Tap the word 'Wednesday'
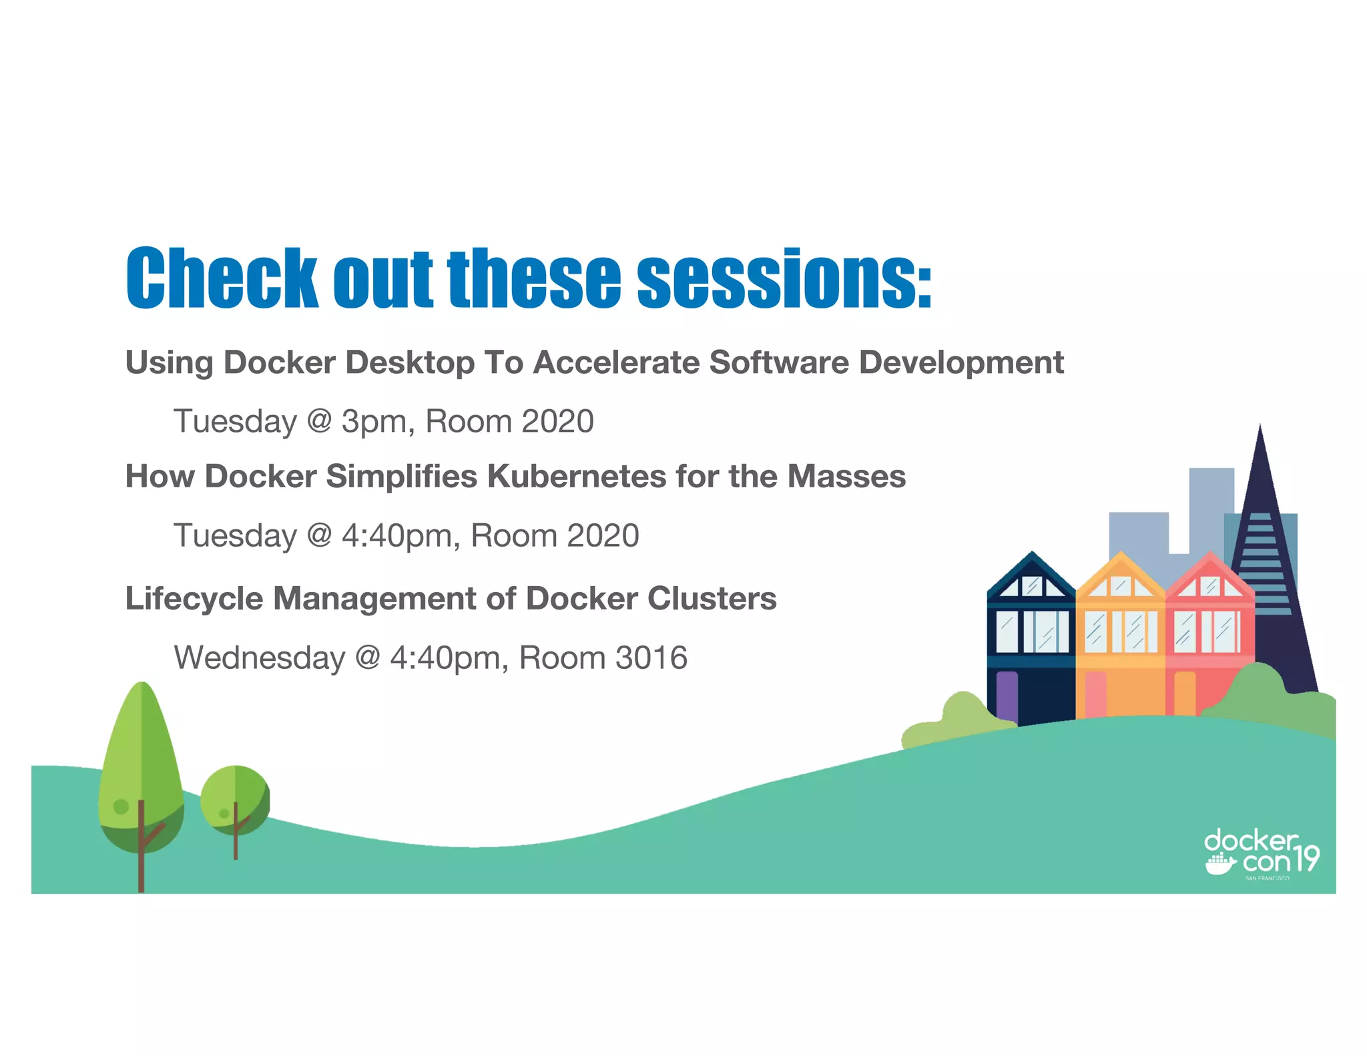(x=259, y=657)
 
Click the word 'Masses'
(x=846, y=477)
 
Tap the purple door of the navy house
(x=1007, y=698)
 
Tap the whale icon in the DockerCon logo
(x=1220, y=865)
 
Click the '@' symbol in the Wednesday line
(x=368, y=657)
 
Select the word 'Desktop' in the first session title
(x=409, y=362)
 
